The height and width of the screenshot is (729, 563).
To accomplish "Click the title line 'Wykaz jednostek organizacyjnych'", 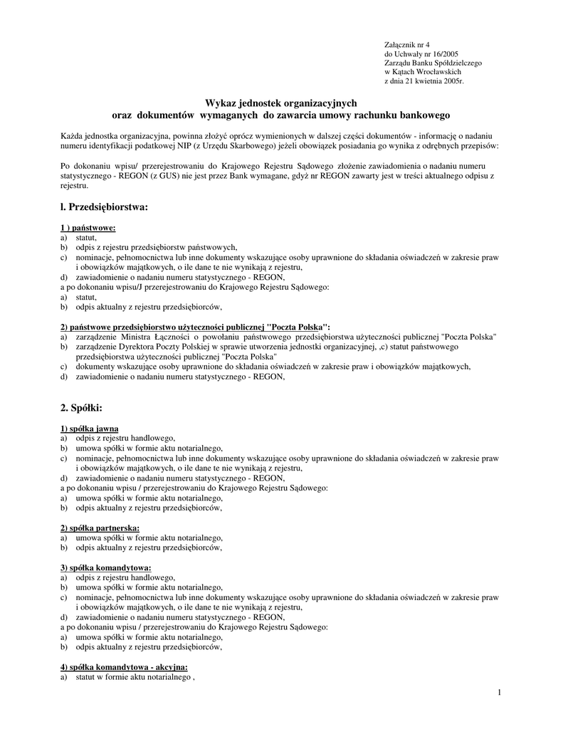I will coord(281,103).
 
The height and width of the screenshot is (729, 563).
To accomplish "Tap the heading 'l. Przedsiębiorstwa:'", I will coord(105,207).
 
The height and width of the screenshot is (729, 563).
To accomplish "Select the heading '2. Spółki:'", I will coord(82,407).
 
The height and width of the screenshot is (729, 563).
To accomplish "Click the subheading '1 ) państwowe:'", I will coord(88,228).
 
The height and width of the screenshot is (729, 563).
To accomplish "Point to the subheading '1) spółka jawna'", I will coord(90,429).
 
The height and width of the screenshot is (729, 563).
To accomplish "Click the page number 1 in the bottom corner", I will coord(500,693).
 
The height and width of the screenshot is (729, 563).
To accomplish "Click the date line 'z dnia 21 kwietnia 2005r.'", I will coord(423,81).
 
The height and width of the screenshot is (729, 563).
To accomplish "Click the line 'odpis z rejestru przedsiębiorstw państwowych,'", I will coord(157,247).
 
